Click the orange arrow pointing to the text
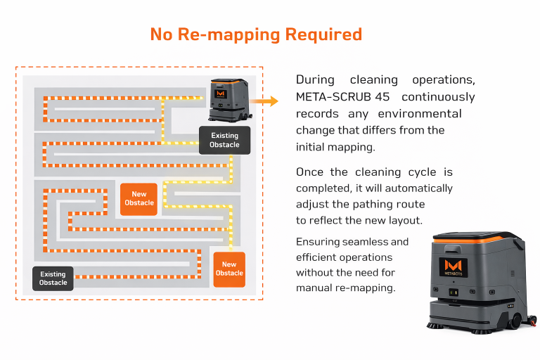(x=264, y=102)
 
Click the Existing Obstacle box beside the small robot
(x=224, y=140)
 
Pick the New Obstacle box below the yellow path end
(x=229, y=269)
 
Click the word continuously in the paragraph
(x=438, y=96)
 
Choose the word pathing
(x=380, y=204)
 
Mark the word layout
(x=407, y=220)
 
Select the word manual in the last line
(x=315, y=288)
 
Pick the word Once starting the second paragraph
(x=311, y=172)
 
